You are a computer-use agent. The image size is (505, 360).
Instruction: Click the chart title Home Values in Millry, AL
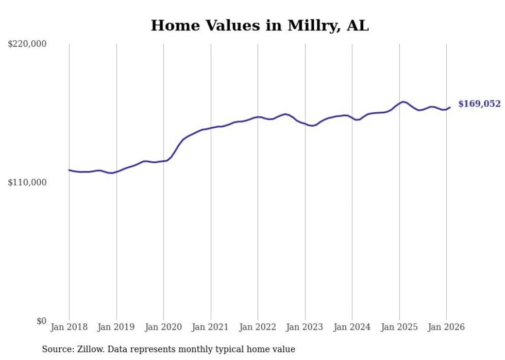click(x=260, y=25)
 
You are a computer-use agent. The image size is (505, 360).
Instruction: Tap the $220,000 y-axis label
click(x=27, y=44)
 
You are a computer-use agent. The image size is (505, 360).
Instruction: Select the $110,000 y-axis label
click(x=27, y=182)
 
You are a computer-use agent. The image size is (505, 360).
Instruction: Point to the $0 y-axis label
click(x=41, y=321)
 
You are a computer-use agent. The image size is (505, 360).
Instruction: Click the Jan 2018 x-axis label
click(x=69, y=327)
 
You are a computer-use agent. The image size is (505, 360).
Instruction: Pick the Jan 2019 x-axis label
click(x=116, y=327)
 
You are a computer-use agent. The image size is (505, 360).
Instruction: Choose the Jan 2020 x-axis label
click(x=163, y=327)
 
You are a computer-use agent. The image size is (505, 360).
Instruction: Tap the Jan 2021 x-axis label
click(x=211, y=327)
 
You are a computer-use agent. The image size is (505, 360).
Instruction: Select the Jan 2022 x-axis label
click(x=258, y=327)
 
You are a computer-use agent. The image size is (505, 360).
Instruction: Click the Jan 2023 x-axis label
click(x=305, y=327)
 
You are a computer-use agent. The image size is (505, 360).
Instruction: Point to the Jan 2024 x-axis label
click(x=352, y=327)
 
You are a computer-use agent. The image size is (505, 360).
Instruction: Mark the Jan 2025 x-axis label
click(x=399, y=327)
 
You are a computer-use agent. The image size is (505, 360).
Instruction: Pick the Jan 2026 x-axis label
click(x=446, y=327)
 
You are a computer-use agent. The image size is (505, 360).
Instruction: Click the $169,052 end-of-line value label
click(x=479, y=104)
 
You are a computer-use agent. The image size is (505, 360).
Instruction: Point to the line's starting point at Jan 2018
click(x=69, y=170)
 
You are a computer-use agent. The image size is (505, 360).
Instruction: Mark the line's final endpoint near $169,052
click(x=450, y=107)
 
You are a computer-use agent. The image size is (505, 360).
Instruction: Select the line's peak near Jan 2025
click(x=403, y=101)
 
